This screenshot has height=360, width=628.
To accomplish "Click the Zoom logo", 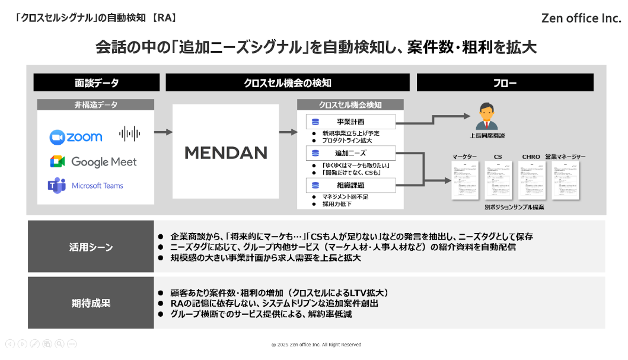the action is [76, 137].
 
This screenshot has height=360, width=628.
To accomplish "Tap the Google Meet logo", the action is [93, 162].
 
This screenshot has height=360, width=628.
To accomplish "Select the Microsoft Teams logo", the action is [85, 186].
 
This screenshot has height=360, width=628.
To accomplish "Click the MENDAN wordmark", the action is [226, 153].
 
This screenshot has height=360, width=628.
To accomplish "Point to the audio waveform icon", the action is [129, 133].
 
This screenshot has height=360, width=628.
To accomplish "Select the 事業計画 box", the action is [350, 122].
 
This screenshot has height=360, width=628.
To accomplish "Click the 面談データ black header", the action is [97, 83].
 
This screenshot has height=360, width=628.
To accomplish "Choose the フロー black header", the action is [505, 83].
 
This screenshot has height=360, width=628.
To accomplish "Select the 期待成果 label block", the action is [91, 303].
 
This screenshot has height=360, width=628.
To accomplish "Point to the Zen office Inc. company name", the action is [581, 18].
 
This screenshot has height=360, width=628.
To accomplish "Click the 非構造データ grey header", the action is [96, 105].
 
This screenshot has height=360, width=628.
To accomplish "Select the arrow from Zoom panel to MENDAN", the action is [163, 132].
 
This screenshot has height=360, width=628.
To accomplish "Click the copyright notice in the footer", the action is [316, 345].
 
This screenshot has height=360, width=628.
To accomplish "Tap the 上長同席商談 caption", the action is [487, 136].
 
